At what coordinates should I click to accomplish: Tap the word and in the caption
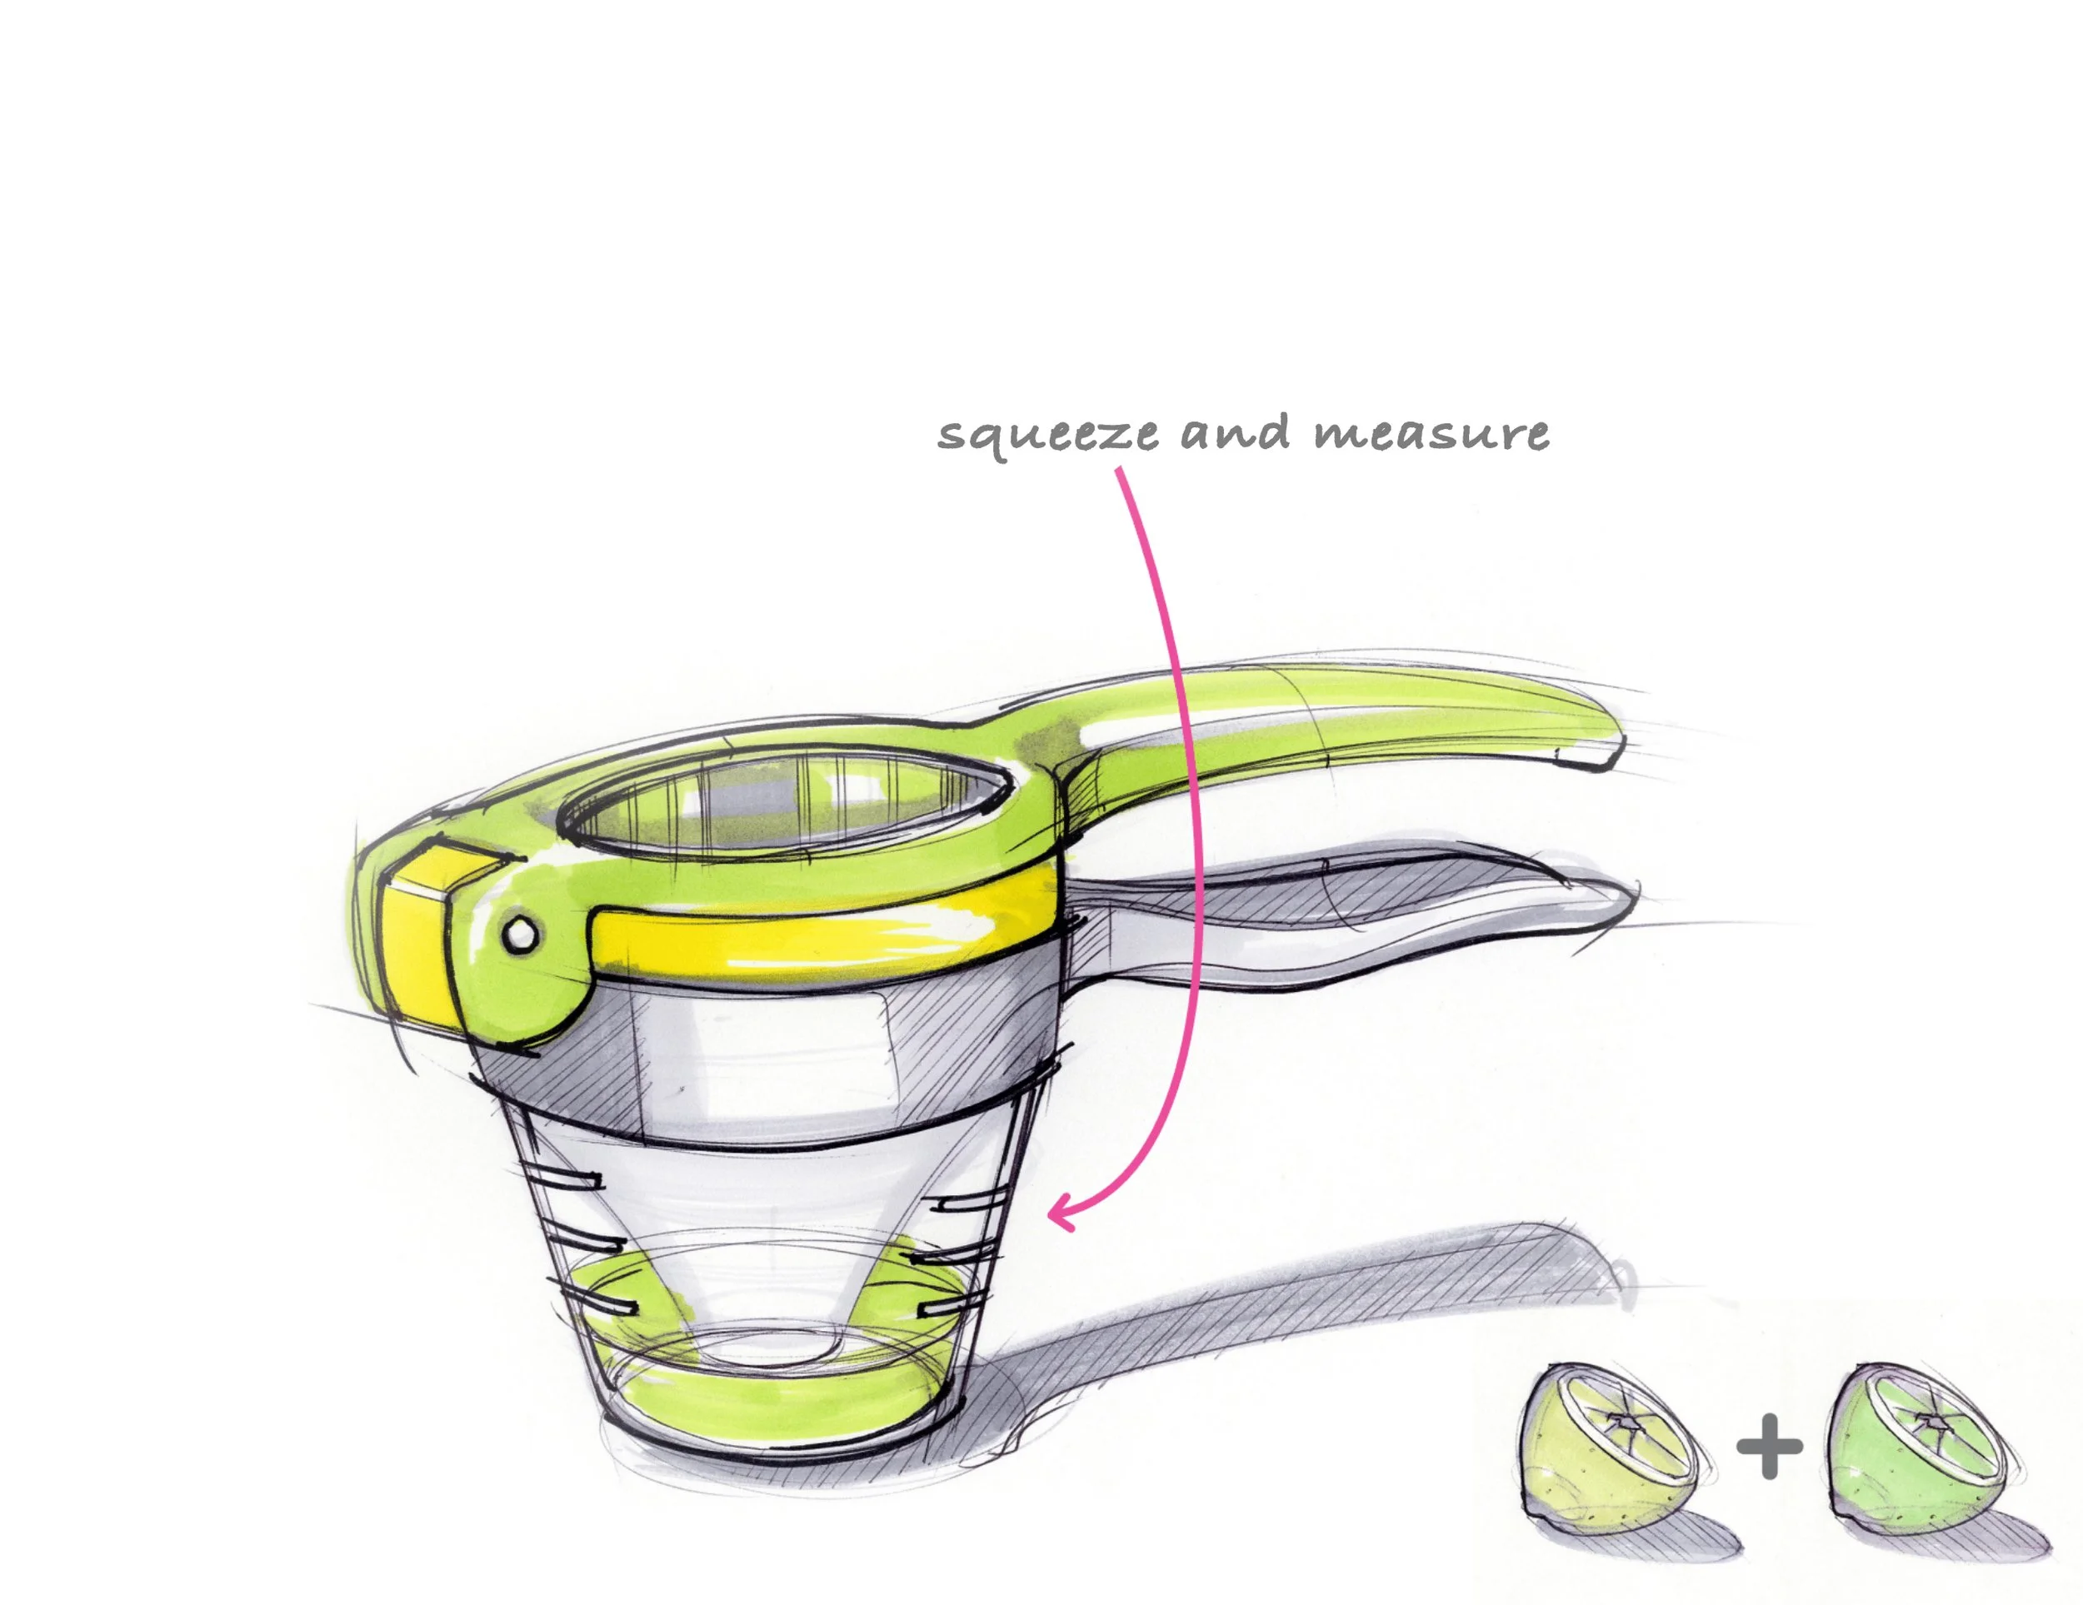pyautogui.click(x=1237, y=431)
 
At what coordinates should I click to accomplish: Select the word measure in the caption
pyautogui.click(x=1431, y=434)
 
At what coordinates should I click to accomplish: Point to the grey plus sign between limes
pyautogui.click(x=1769, y=1446)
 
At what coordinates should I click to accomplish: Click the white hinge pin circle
pyautogui.click(x=520, y=934)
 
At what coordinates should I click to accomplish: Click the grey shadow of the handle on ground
pyautogui.click(x=1287, y=1335)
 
